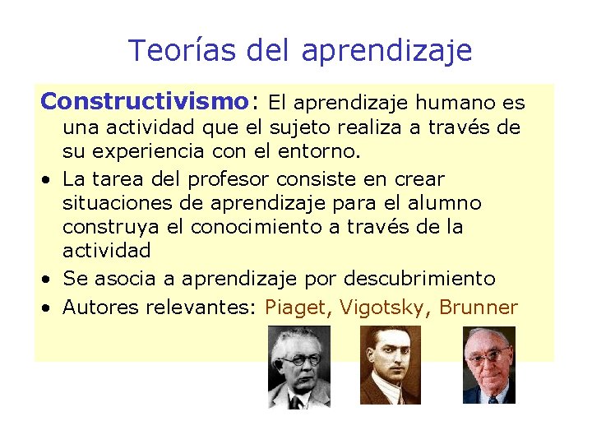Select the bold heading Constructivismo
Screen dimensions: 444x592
[x=144, y=102]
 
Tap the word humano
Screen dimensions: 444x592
[x=456, y=103]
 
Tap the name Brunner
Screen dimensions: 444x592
[x=479, y=308]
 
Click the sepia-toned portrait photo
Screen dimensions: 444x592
[x=391, y=365]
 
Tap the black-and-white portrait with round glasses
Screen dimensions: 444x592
[x=299, y=367]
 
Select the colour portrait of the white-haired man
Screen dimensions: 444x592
[x=488, y=365]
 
